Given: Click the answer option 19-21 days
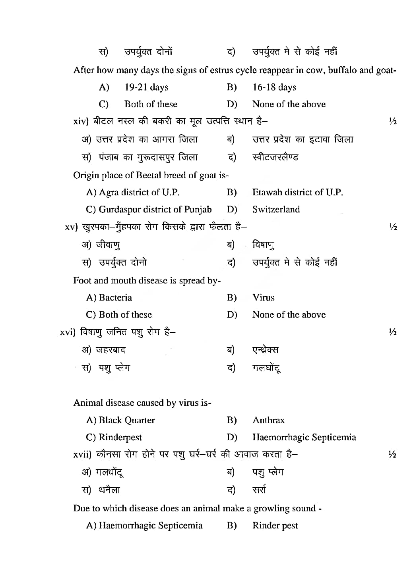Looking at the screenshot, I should [x=146, y=87].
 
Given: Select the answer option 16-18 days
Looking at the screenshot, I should [x=274, y=87].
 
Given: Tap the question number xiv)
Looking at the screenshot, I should [x=81, y=121].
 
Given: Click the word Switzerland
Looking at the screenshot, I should [x=276, y=210].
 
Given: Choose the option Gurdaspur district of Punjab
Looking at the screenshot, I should [x=155, y=210].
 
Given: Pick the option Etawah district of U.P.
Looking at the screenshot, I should [x=297, y=193].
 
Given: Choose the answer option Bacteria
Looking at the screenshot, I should [x=115, y=298].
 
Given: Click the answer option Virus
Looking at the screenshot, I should [x=263, y=298].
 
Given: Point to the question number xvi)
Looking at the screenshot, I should [x=68, y=332].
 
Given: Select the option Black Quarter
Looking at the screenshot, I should [x=127, y=420].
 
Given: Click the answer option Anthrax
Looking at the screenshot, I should [x=268, y=420].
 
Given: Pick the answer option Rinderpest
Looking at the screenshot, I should [x=120, y=438].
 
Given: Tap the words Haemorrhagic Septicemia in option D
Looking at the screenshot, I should [x=304, y=438].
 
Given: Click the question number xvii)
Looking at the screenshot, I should [x=83, y=455].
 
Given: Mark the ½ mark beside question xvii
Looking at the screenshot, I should [x=392, y=455].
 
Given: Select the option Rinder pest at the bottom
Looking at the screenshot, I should [x=275, y=526].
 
